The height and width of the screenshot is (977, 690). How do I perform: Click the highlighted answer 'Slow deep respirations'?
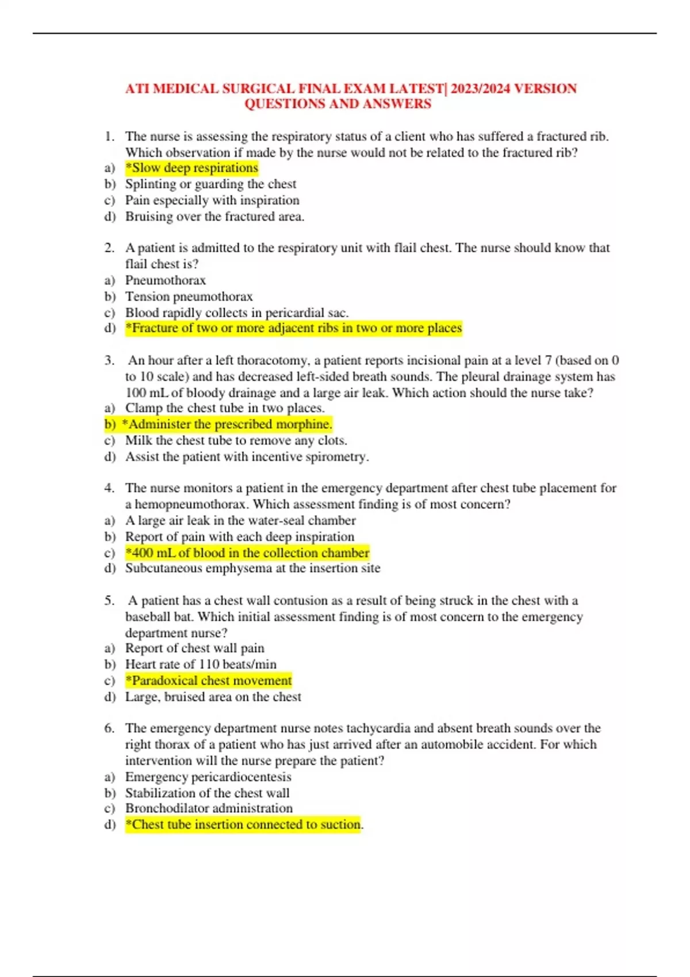tap(192, 168)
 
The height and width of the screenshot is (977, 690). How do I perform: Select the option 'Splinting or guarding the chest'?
tap(210, 184)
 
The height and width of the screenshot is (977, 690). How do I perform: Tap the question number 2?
tap(109, 248)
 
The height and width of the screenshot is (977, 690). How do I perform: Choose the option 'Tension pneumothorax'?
tap(189, 297)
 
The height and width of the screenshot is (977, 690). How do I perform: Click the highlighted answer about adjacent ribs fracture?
tap(293, 328)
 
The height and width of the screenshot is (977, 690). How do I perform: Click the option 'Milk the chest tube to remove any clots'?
tap(236, 440)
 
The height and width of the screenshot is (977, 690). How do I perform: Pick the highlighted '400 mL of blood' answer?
tap(247, 553)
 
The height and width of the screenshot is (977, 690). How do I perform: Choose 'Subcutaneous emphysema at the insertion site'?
tap(252, 568)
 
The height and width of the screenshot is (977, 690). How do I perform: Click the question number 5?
tap(109, 601)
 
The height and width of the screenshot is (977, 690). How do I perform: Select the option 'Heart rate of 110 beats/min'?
tap(201, 664)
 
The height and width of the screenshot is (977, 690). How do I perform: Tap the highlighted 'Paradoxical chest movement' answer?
tap(209, 680)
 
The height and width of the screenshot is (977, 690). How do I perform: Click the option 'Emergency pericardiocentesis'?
tap(208, 777)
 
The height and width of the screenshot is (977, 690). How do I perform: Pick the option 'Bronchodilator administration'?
tap(209, 808)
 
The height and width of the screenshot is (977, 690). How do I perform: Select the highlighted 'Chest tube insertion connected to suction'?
tap(243, 824)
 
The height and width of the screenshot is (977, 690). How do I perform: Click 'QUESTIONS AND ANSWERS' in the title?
tap(338, 104)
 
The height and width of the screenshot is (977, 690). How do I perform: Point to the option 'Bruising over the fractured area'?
tap(214, 217)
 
